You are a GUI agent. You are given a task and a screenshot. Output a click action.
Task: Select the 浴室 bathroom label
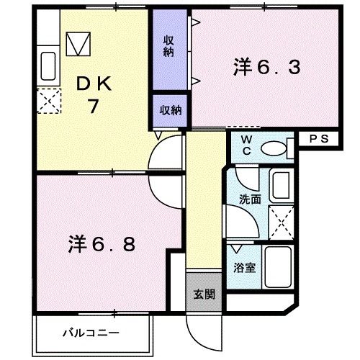coord(244,267)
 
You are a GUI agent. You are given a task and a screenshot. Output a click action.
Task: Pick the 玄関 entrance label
coord(203,294)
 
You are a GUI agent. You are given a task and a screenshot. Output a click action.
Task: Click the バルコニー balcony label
coord(90,333)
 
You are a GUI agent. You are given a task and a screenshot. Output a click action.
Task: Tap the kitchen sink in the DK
coord(49,67)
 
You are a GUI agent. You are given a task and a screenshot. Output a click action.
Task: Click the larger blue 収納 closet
coord(168,45)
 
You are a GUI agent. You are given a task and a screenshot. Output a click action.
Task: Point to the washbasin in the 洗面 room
coord(281,186)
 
